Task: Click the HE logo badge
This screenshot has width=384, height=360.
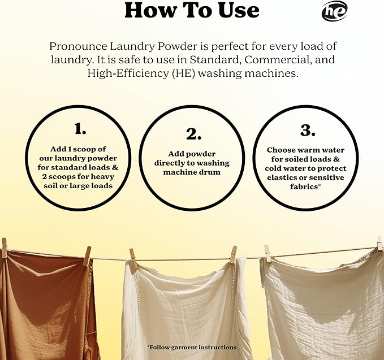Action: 334,11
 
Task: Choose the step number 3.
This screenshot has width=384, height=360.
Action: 307,131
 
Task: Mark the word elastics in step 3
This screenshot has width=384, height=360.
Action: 284,177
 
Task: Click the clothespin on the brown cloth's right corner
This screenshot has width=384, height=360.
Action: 87,255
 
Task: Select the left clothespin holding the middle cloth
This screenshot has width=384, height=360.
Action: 133,258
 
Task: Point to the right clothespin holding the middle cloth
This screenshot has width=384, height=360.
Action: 233,254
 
